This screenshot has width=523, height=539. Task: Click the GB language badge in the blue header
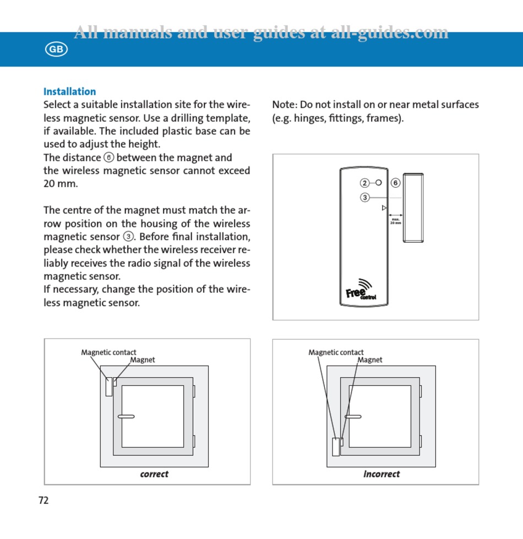tap(56, 50)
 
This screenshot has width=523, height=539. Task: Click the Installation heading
tap(69, 91)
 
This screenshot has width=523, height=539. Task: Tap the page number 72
tap(43, 500)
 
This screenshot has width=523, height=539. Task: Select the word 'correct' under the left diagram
tap(154, 474)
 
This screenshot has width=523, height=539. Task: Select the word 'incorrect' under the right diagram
tap(382, 474)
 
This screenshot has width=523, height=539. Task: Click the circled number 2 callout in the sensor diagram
tap(365, 183)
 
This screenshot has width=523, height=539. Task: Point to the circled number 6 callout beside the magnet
tap(395, 183)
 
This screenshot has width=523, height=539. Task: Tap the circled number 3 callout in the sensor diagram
tap(365, 198)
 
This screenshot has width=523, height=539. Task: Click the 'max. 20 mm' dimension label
tap(395, 221)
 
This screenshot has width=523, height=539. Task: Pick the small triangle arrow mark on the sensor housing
tap(384, 208)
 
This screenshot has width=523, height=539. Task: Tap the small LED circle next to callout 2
tap(379, 182)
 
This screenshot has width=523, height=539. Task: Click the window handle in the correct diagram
tap(126, 416)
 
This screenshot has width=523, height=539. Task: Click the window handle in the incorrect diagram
tap(353, 416)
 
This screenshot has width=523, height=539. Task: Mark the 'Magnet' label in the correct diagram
tap(143, 360)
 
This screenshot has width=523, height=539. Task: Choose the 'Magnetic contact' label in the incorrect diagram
tap(336, 352)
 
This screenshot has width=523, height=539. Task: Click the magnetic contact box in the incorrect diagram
tap(336, 447)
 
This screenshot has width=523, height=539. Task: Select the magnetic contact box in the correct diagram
tap(109, 386)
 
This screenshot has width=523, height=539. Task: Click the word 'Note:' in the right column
tap(284, 105)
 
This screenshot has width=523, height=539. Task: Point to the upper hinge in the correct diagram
tap(194, 391)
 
